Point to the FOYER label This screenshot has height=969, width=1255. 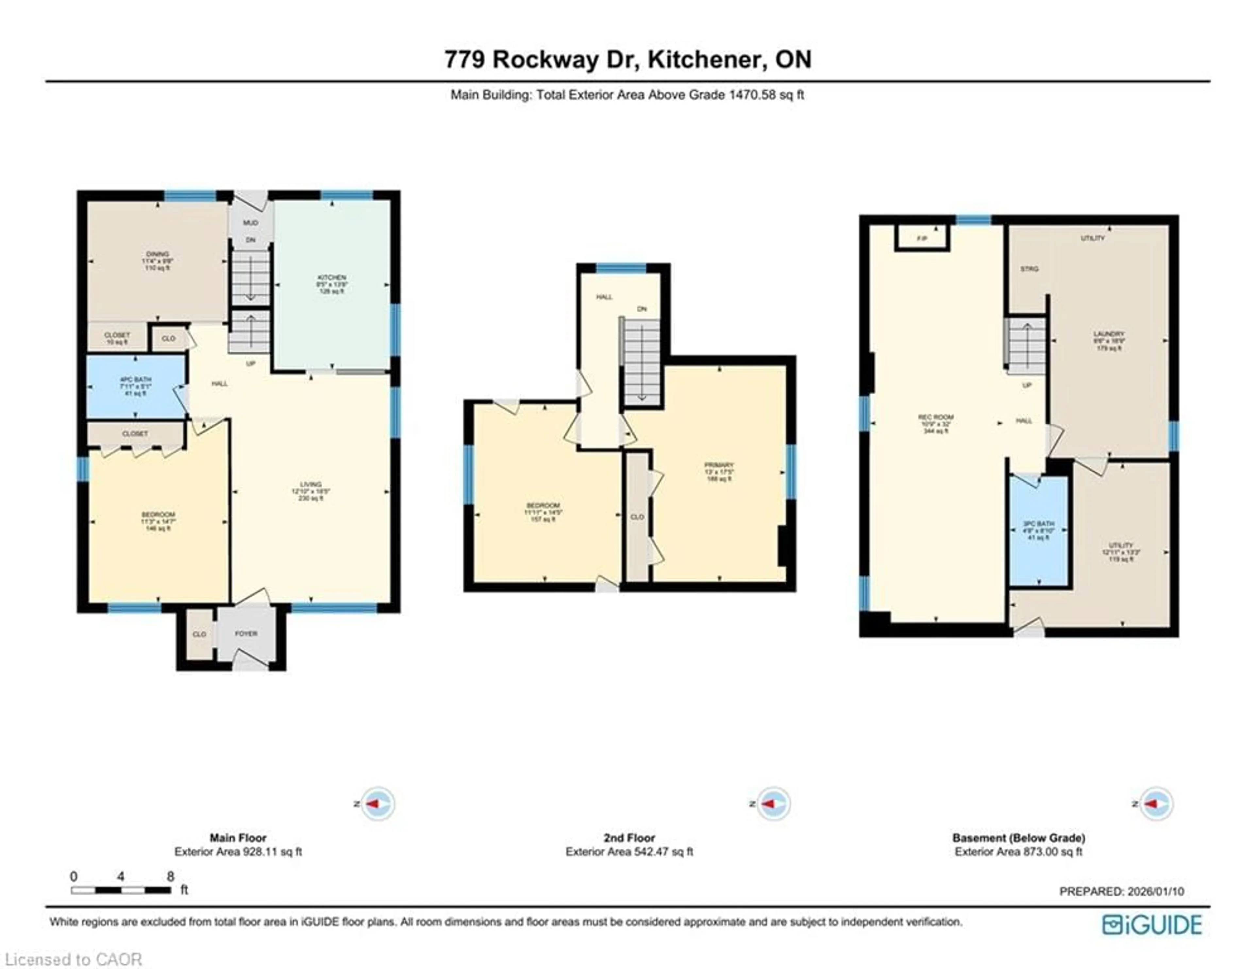246,633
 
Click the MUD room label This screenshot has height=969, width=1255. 251,222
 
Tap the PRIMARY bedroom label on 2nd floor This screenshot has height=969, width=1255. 719,465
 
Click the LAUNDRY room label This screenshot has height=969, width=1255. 1109,334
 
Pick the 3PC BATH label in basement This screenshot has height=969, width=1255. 1038,524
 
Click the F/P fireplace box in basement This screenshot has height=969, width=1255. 922,238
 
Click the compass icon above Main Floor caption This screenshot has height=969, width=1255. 377,804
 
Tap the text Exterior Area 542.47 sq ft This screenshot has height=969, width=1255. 629,852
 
